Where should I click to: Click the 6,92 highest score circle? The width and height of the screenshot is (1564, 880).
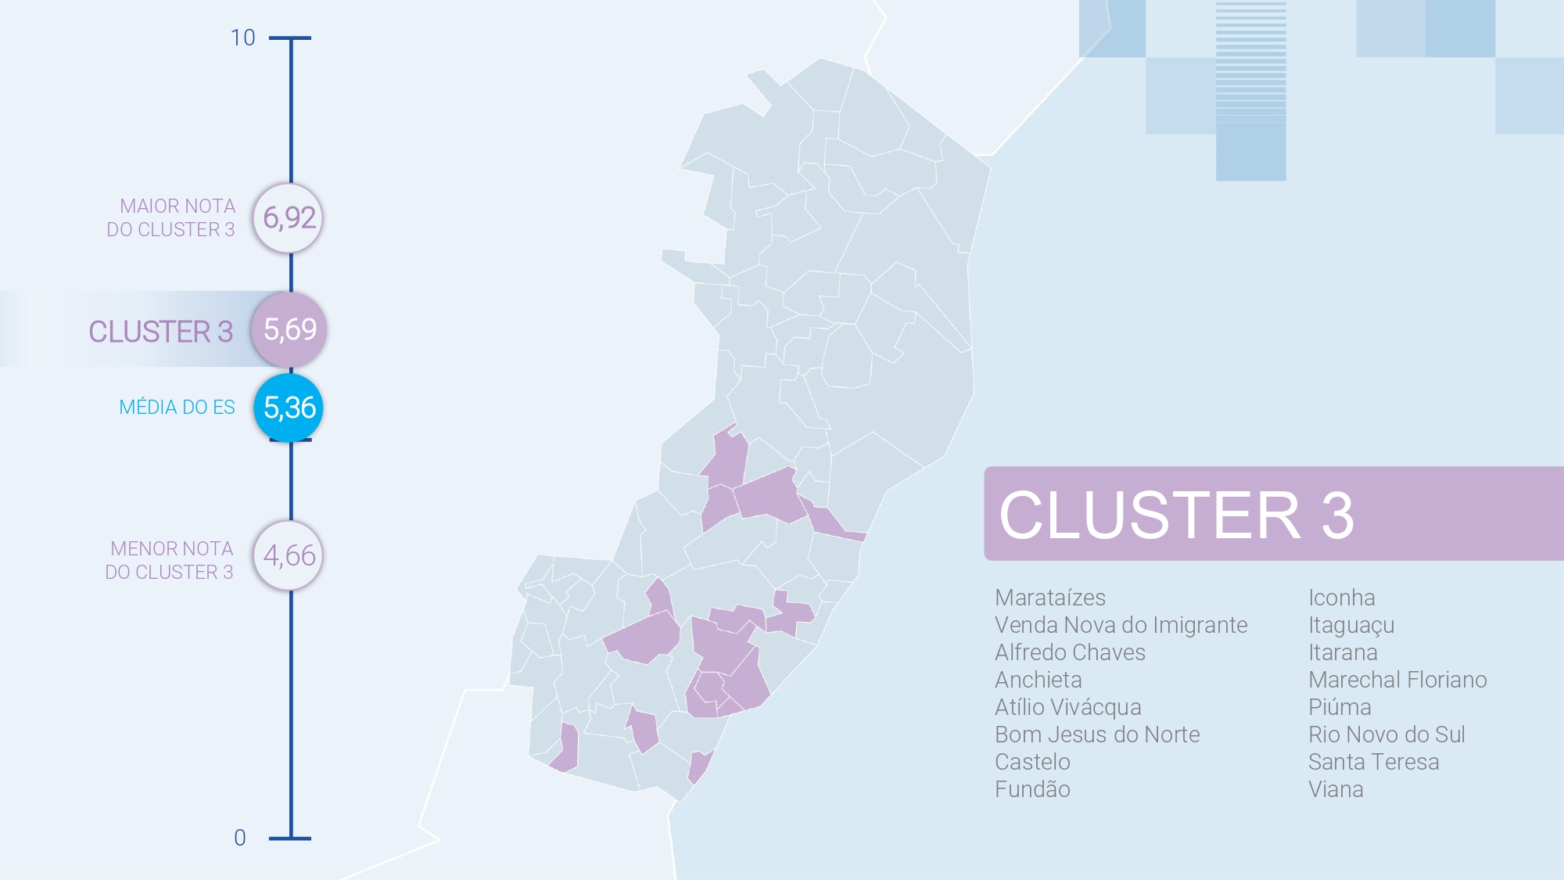pyautogui.click(x=289, y=218)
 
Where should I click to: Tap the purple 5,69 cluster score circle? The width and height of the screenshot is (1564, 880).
pyautogui.click(x=289, y=329)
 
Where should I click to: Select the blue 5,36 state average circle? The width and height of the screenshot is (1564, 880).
pyautogui.click(x=289, y=408)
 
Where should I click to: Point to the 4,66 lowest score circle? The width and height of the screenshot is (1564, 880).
pyautogui.click(x=289, y=556)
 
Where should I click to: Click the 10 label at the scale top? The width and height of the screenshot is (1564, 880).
pyautogui.click(x=242, y=38)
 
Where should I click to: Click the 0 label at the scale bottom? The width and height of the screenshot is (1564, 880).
pyautogui.click(x=240, y=838)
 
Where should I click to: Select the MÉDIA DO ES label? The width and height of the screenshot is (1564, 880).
pyautogui.click(x=177, y=408)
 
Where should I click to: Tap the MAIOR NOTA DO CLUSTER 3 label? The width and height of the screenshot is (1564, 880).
pyautogui.click(x=172, y=217)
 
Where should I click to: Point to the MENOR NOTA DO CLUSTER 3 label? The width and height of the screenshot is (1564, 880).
pyautogui.click(x=170, y=560)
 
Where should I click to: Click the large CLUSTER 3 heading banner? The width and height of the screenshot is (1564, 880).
pyautogui.click(x=1273, y=514)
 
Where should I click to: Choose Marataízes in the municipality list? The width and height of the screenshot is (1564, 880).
pyautogui.click(x=1049, y=598)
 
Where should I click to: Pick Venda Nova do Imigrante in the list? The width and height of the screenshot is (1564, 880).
pyautogui.click(x=1121, y=625)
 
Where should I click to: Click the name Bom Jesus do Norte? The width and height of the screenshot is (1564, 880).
pyautogui.click(x=1096, y=735)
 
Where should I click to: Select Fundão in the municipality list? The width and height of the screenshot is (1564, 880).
pyautogui.click(x=1032, y=789)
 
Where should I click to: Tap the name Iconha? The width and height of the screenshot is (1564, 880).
pyautogui.click(x=1341, y=598)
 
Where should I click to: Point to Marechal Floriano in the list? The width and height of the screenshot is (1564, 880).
pyautogui.click(x=1397, y=680)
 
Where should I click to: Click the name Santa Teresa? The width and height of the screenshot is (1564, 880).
pyautogui.click(x=1373, y=762)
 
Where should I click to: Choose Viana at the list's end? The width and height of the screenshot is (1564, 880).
pyautogui.click(x=1336, y=789)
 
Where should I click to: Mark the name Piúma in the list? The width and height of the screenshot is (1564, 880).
pyautogui.click(x=1340, y=707)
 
